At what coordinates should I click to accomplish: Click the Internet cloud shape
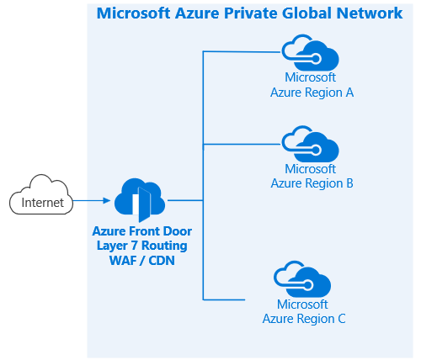[x=41, y=195]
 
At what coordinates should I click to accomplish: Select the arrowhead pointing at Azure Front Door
[x=107, y=200]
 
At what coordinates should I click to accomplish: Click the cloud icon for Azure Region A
[x=310, y=53]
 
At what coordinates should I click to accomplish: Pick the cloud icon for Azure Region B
[x=310, y=144]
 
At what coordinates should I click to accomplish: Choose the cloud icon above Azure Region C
[x=302, y=279]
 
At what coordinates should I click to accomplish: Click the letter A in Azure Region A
[x=349, y=93]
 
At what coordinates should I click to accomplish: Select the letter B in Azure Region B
[x=349, y=183]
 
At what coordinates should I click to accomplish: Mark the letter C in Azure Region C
[x=342, y=319]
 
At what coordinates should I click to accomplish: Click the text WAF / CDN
[x=142, y=261]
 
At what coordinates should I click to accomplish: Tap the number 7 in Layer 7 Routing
[x=134, y=246]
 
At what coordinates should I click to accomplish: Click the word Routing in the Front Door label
[x=164, y=246]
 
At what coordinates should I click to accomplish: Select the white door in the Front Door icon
[x=136, y=204]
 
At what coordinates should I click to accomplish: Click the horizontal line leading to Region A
[x=242, y=51]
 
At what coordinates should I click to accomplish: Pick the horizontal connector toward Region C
[x=224, y=299]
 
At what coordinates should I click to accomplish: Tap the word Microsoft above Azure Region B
[x=310, y=169]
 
